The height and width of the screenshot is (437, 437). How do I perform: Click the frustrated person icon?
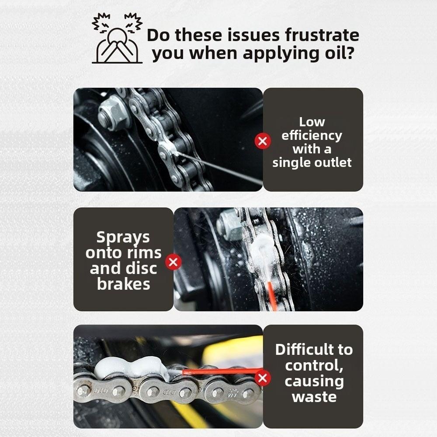(x=117, y=39)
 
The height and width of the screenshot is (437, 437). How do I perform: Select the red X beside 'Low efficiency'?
(x=263, y=141)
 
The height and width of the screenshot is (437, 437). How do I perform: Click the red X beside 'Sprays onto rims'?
(x=173, y=262)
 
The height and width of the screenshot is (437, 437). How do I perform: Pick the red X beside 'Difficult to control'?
(x=263, y=378)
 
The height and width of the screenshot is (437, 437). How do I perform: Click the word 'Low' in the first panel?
(x=312, y=122)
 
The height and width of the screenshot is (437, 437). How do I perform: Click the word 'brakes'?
(x=123, y=284)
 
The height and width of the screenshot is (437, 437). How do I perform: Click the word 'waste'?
(x=314, y=397)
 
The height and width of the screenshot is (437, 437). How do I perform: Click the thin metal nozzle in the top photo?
(x=218, y=167)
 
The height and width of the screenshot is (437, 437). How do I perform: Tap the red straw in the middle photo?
(x=272, y=295)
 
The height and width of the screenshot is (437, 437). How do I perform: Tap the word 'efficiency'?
(x=312, y=135)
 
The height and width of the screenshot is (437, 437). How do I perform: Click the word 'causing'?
(x=314, y=381)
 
